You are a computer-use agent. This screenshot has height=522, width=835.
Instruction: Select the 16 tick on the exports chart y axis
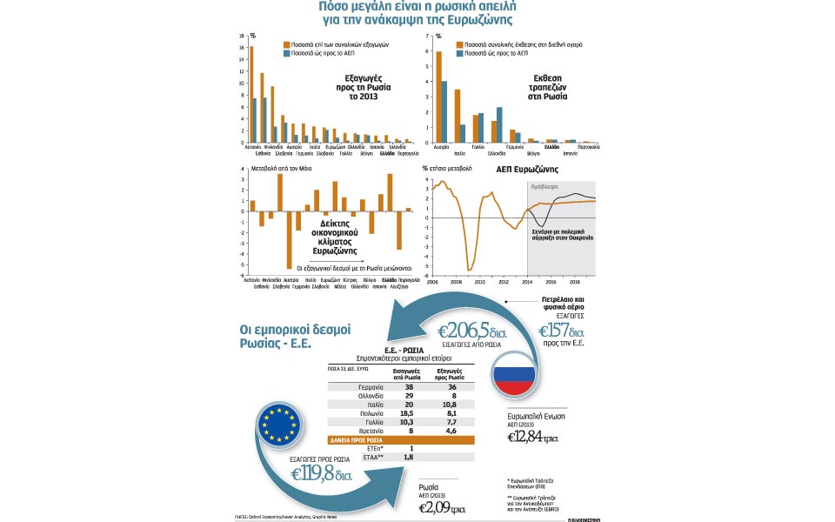(x=244, y=47)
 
